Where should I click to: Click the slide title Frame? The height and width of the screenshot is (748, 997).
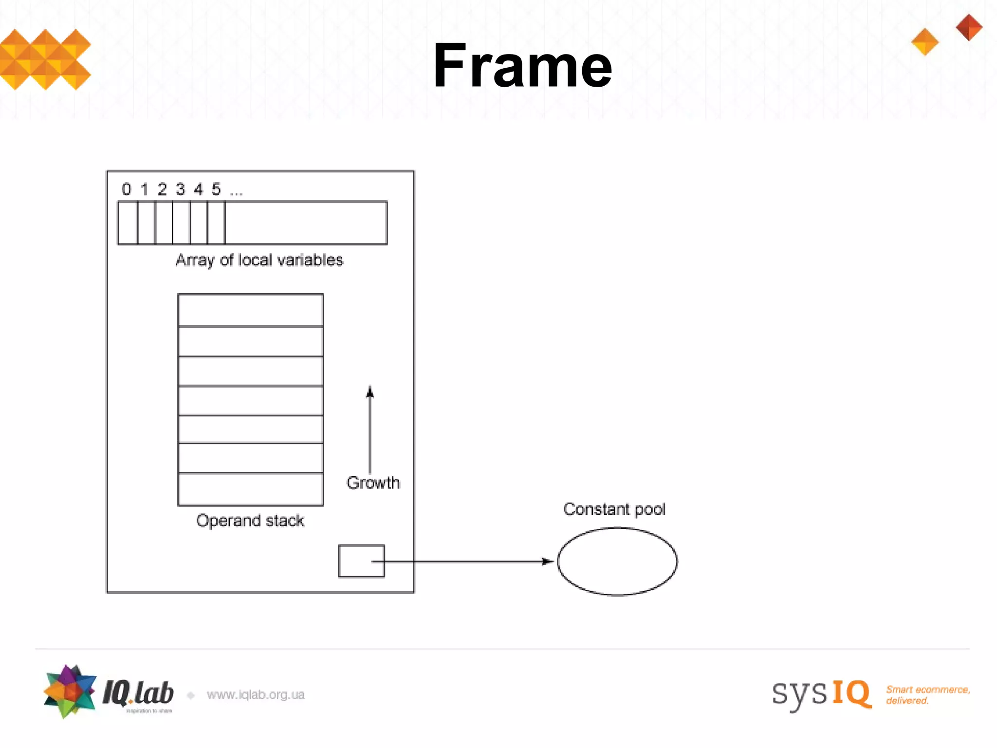click(522, 66)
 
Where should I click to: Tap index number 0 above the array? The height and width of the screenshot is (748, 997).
click(127, 189)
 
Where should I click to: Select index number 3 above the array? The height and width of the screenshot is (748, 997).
click(181, 189)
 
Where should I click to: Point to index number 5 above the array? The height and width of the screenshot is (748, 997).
click(216, 189)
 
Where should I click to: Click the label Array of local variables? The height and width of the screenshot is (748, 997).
click(259, 260)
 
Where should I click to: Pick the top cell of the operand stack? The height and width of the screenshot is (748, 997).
click(251, 310)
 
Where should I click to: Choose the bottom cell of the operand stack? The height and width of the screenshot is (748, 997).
click(251, 489)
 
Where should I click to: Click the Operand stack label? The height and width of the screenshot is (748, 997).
click(250, 521)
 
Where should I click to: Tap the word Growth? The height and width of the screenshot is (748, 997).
click(373, 483)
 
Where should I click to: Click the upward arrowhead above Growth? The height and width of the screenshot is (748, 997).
click(370, 392)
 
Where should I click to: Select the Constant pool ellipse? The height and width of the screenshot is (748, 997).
click(617, 561)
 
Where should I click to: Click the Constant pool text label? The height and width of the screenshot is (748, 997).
click(614, 509)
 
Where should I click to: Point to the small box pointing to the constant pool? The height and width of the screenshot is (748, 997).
click(361, 561)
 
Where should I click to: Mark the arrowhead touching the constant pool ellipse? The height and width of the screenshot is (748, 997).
click(549, 561)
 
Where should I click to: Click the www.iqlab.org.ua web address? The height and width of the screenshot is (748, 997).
click(256, 694)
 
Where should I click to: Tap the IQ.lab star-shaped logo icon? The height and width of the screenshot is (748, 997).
click(70, 691)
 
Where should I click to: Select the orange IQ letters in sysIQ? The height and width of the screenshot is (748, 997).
click(851, 693)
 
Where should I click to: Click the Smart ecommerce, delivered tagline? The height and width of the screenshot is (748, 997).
click(927, 695)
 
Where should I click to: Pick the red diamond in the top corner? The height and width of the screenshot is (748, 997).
click(969, 27)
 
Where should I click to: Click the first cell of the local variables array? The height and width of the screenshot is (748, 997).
click(128, 223)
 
